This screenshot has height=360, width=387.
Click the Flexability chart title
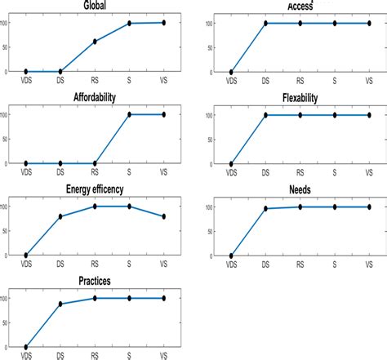(299, 99)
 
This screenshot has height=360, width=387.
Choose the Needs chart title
(299, 191)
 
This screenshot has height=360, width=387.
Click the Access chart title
(299, 7)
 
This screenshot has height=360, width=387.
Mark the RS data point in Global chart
(95, 42)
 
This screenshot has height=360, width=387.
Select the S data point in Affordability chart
(129, 114)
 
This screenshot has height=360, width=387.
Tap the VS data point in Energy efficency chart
(163, 216)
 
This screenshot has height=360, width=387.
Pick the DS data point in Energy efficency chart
(60, 216)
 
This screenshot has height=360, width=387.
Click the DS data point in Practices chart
(60, 304)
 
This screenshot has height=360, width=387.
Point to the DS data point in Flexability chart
(265, 115)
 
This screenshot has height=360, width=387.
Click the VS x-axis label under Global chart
(163, 81)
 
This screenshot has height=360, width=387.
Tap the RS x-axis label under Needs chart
(300, 264)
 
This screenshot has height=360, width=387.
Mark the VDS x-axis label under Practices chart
(26, 356)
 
